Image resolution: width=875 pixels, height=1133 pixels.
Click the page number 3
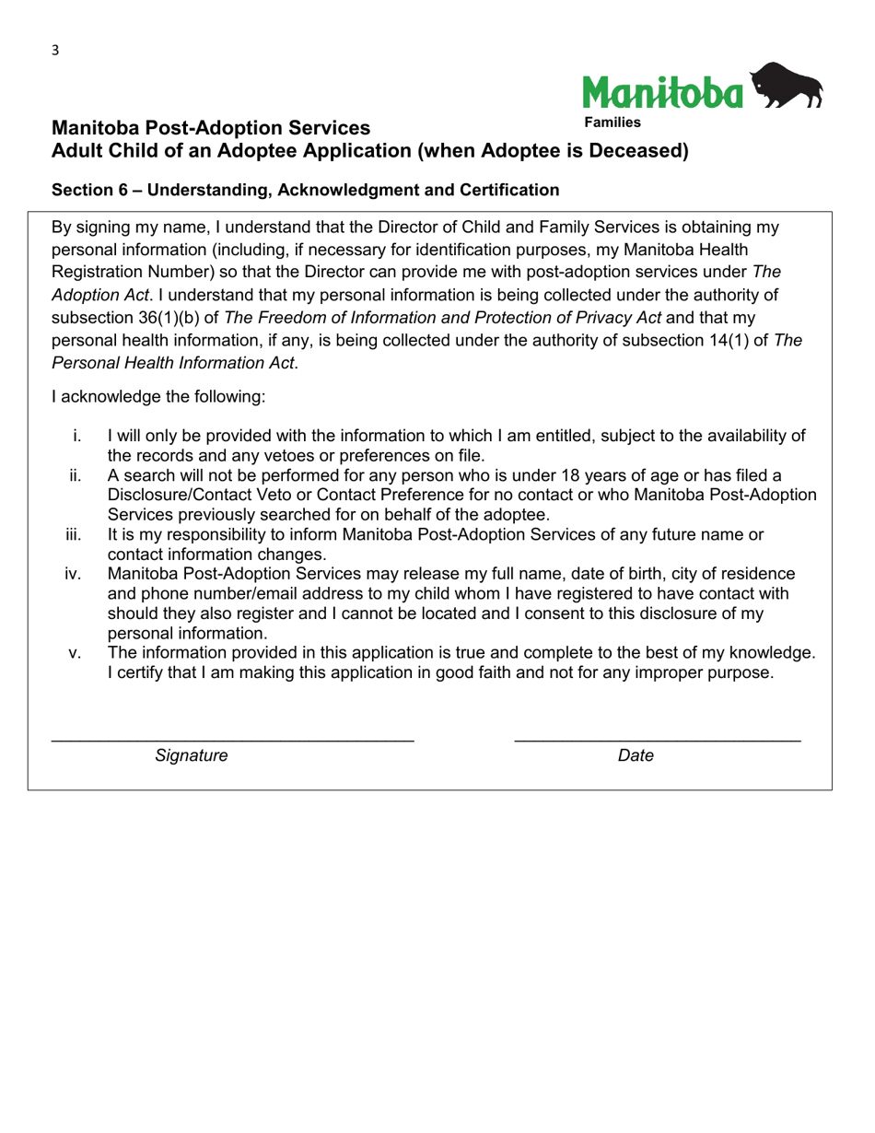[x=55, y=51]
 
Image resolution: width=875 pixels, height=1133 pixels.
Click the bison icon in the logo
[x=787, y=86]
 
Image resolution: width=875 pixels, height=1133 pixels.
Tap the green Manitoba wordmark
[x=662, y=91]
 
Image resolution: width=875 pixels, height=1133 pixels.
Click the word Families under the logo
[x=611, y=122]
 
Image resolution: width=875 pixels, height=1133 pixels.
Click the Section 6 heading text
[x=305, y=190]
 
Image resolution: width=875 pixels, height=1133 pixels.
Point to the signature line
[x=232, y=739]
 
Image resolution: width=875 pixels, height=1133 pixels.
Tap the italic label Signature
[x=192, y=756]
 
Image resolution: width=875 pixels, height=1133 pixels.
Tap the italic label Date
[x=636, y=756]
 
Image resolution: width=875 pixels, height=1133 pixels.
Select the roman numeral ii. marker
[x=76, y=475]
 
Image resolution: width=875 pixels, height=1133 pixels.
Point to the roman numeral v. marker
[x=76, y=653]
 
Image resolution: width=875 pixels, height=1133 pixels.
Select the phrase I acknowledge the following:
[x=158, y=397]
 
